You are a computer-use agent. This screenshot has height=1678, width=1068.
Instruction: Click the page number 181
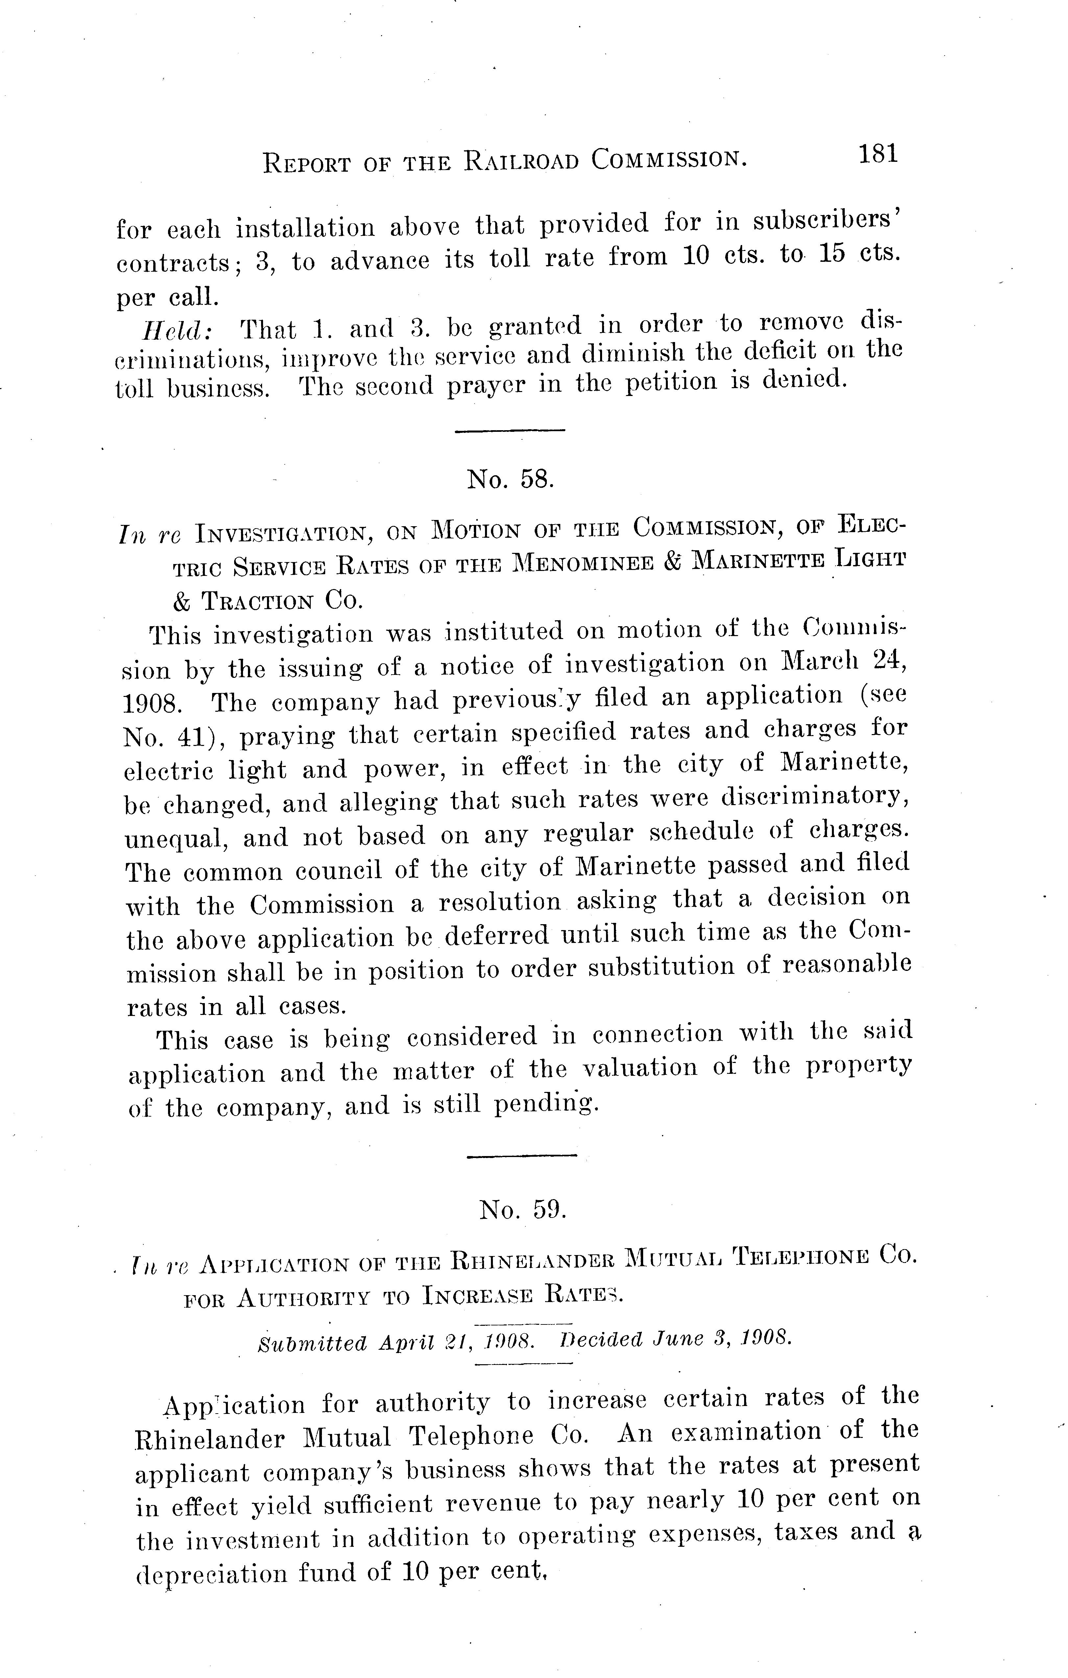(878, 154)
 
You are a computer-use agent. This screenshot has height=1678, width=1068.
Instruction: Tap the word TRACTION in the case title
(268, 601)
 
